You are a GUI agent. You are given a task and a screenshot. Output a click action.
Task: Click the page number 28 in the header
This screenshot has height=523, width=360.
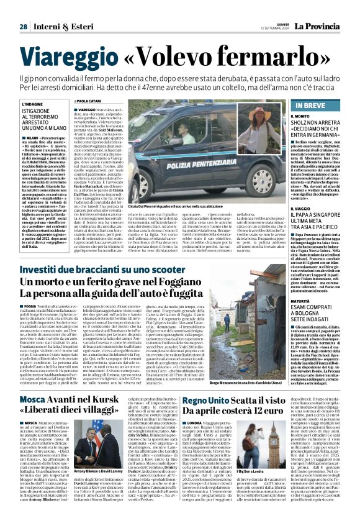[x=23, y=27]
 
